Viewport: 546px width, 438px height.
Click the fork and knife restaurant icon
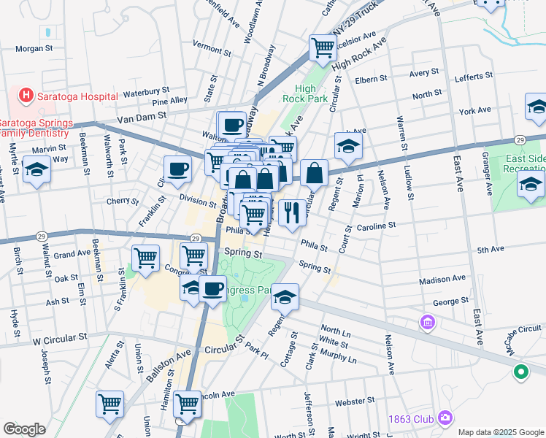[x=291, y=212]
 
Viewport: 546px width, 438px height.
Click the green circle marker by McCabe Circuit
[x=520, y=372]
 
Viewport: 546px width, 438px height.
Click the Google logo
[x=24, y=429]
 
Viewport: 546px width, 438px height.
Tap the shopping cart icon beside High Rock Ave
[x=323, y=47]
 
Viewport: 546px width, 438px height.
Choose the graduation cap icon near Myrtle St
[x=35, y=171]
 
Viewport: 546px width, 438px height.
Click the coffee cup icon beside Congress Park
[x=212, y=288]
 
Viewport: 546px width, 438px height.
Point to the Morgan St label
[x=34, y=48]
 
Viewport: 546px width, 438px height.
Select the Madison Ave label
[x=442, y=279]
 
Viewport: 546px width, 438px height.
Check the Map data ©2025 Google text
[x=501, y=432]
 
